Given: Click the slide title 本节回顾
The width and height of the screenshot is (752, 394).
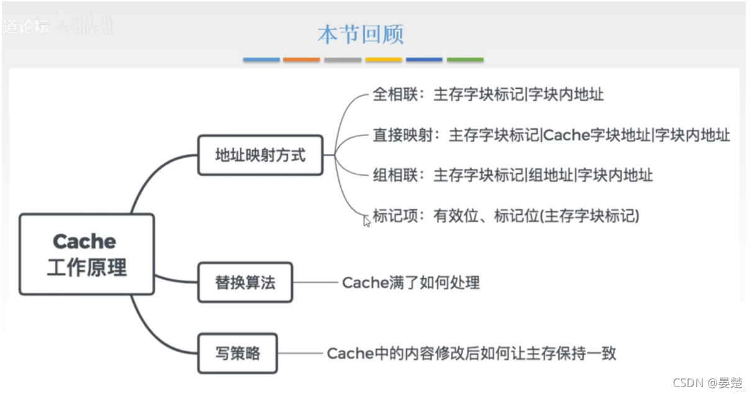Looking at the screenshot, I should coord(360,34).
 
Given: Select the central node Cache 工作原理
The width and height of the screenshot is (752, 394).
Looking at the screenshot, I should coord(86,254).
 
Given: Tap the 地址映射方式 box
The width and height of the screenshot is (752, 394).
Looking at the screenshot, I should coord(260,155).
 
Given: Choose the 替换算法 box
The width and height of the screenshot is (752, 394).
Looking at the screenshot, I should coord(245,282).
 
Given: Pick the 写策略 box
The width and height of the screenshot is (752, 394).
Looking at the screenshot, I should coord(237,354).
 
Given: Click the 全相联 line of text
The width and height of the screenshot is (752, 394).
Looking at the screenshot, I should coord(487,95).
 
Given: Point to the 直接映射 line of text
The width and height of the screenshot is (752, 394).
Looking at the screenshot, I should coord(551,135).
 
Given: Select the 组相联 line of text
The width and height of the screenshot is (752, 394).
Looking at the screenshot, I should coord(512,176).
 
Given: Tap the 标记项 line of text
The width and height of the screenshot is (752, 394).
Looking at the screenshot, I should coord(505,216).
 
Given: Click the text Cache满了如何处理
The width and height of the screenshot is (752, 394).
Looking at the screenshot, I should coord(410,283).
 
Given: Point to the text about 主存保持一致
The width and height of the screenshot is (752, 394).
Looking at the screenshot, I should coord(471,354).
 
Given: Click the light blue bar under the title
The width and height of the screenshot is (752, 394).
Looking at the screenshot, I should coord(261,60).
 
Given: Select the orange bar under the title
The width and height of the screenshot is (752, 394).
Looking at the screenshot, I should coord(302,60).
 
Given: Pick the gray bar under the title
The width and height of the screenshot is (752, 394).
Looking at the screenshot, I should coord(343,60).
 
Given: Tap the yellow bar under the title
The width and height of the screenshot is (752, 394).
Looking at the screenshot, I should coord(383,60).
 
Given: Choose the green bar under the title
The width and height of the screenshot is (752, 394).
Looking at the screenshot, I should coord(465,60).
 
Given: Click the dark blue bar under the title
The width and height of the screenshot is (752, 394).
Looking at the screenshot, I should coord(424,60).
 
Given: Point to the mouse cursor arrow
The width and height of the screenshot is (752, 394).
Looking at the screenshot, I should coord(367,221).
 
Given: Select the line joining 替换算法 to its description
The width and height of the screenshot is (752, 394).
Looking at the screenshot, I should coord(315,283).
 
